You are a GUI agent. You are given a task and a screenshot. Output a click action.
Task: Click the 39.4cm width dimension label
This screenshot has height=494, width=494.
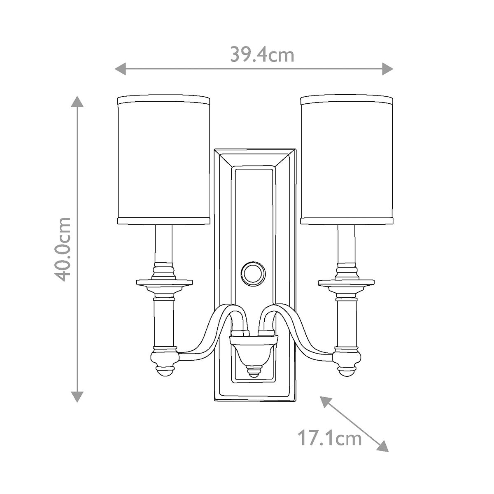pyautogui.click(x=262, y=55)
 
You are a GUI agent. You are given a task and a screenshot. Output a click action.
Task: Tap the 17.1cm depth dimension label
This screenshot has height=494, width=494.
pyautogui.click(x=329, y=438)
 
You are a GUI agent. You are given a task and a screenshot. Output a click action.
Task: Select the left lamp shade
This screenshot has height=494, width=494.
pyautogui.click(x=164, y=161)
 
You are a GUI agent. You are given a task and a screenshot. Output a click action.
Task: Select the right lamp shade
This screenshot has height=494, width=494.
pyautogui.click(x=347, y=161)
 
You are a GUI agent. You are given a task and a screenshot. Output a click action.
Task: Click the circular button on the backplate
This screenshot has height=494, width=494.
pyautogui.click(x=252, y=273)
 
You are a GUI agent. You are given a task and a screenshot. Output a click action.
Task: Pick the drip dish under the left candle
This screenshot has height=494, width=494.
pyautogui.click(x=164, y=283)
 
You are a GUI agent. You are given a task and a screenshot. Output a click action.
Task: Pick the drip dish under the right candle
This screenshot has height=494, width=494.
pyautogui.click(x=347, y=283)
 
